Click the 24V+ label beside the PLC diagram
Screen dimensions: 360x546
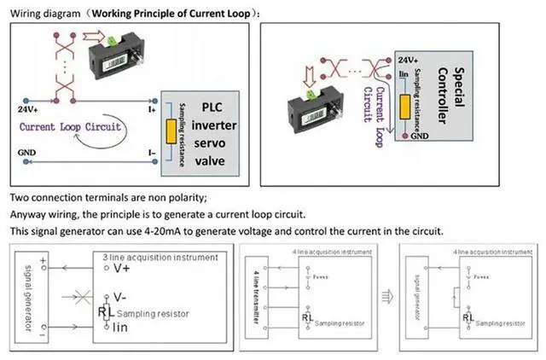[x=27, y=109]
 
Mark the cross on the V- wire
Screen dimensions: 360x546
[x=83, y=299]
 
